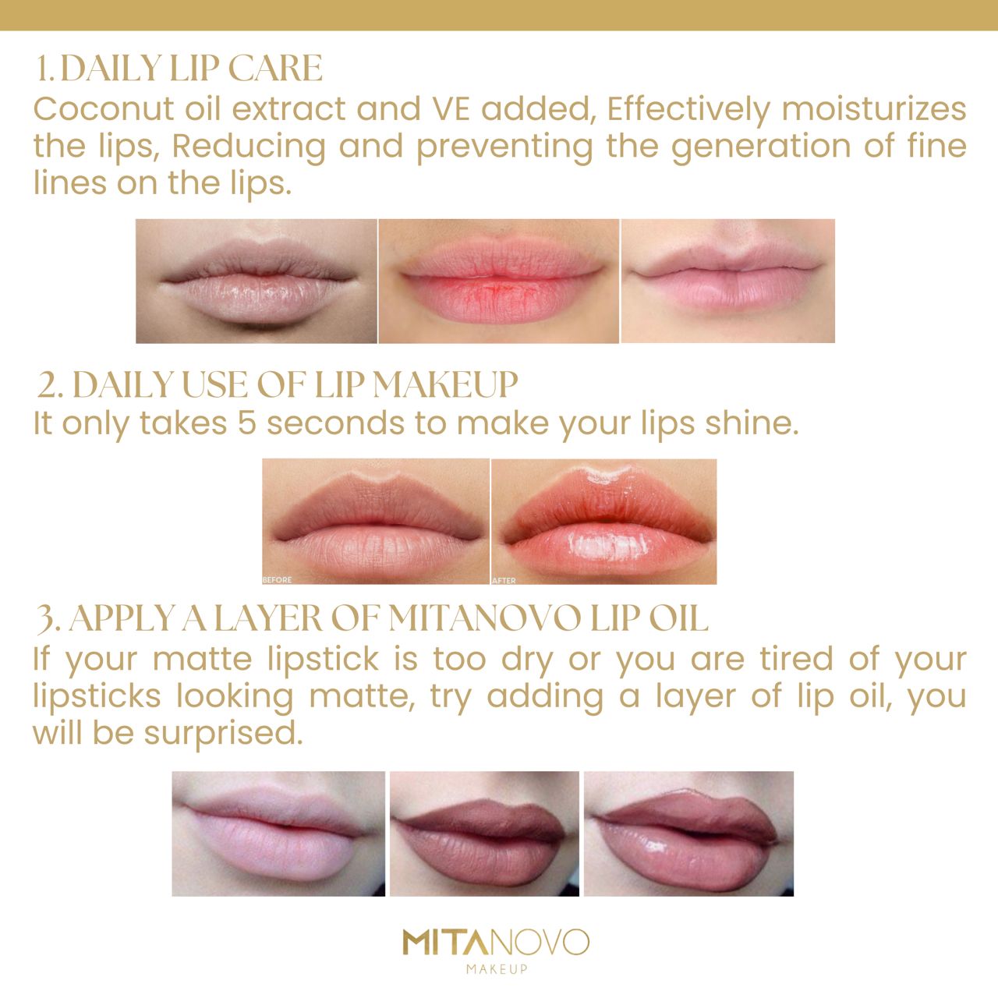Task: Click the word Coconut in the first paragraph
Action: click(x=103, y=109)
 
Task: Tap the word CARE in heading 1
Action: click(x=275, y=68)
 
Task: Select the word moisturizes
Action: click(x=874, y=109)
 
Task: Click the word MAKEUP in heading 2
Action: click(x=445, y=385)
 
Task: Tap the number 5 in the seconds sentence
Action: click(x=247, y=423)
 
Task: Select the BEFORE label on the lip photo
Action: click(x=277, y=580)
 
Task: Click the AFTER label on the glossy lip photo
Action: click(x=504, y=581)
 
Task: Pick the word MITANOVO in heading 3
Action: click(x=483, y=619)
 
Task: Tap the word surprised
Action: click(x=223, y=734)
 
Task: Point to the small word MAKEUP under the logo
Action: click(x=497, y=968)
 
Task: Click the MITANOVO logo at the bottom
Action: click(x=496, y=943)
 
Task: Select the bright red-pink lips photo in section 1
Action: click(x=499, y=281)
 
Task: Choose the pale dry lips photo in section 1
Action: click(x=257, y=281)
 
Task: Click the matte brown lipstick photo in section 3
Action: click(x=484, y=833)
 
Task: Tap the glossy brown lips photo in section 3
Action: click(x=688, y=833)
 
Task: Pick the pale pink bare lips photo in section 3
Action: click(x=278, y=833)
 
